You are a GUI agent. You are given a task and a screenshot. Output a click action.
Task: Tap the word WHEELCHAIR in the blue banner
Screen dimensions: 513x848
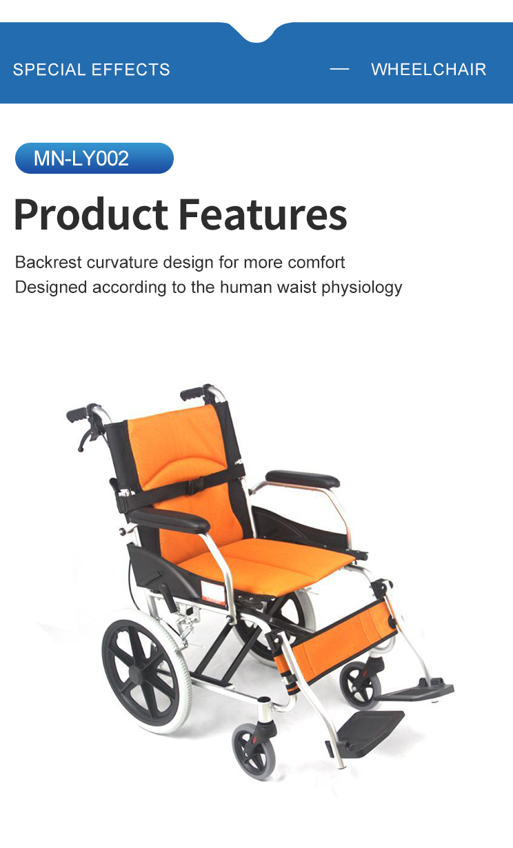click(429, 70)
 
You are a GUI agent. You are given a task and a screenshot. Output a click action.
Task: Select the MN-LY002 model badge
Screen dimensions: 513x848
click(94, 159)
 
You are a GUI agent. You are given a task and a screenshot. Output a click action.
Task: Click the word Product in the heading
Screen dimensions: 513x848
click(91, 214)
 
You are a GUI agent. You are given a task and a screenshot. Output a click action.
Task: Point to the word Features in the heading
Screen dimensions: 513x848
click(263, 214)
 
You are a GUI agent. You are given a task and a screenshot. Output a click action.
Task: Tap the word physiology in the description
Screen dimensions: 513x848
click(361, 287)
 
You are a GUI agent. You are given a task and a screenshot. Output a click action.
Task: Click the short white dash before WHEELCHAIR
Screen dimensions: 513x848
click(340, 69)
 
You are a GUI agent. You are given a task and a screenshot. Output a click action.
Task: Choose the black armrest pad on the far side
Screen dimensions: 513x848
click(303, 479)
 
